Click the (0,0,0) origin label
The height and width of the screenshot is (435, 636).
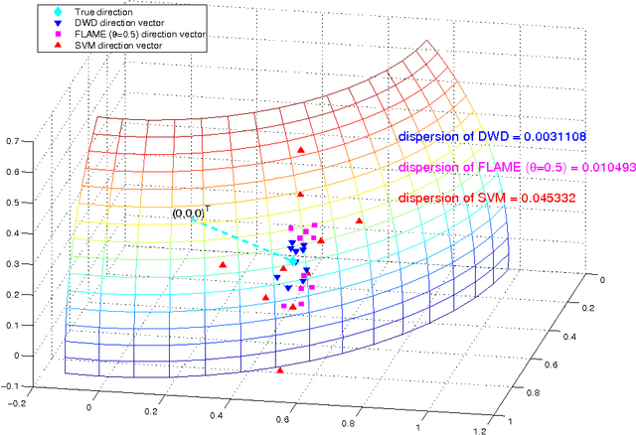(x=188, y=214)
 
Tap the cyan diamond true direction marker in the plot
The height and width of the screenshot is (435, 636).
(x=294, y=261)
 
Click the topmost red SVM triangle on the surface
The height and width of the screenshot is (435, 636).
(x=302, y=149)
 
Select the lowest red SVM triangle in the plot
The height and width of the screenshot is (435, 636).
(x=279, y=370)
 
